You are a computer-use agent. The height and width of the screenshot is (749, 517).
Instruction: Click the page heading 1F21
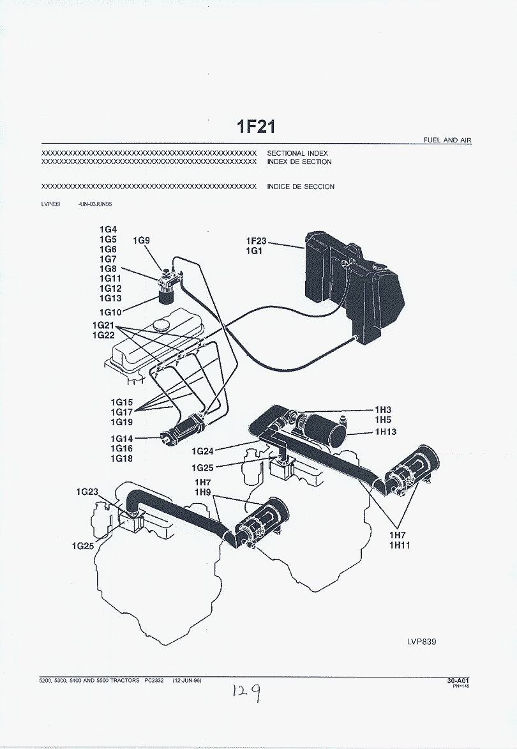256,126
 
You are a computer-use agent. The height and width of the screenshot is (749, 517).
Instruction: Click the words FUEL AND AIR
447,140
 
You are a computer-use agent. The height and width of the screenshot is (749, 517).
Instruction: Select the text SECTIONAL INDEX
297,154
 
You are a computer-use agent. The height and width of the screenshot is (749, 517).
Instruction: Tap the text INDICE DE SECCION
301,187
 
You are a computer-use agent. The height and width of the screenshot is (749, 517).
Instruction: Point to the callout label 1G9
141,241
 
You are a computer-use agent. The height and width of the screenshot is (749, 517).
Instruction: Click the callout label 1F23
256,241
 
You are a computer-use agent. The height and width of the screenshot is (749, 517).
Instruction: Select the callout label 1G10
110,312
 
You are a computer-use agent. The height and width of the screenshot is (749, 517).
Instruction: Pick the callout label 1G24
203,451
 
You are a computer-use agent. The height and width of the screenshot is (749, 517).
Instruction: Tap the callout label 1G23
87,492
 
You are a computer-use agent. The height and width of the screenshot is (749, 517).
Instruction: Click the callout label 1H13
385,432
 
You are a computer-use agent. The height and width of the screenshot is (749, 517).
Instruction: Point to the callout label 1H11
400,545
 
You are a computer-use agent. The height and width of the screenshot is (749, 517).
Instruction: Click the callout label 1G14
121,439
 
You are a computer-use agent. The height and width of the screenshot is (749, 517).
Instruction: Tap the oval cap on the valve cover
160,325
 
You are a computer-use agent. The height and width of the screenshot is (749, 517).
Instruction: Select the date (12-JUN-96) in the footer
187,681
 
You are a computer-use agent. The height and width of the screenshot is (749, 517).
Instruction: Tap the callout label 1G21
103,325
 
